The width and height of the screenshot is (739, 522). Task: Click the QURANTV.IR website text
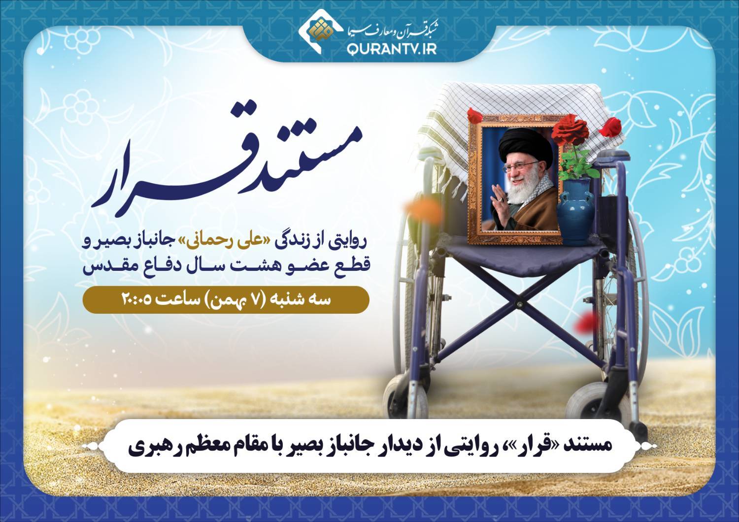coord(392,49)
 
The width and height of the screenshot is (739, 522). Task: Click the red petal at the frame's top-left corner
coord(475,115)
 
